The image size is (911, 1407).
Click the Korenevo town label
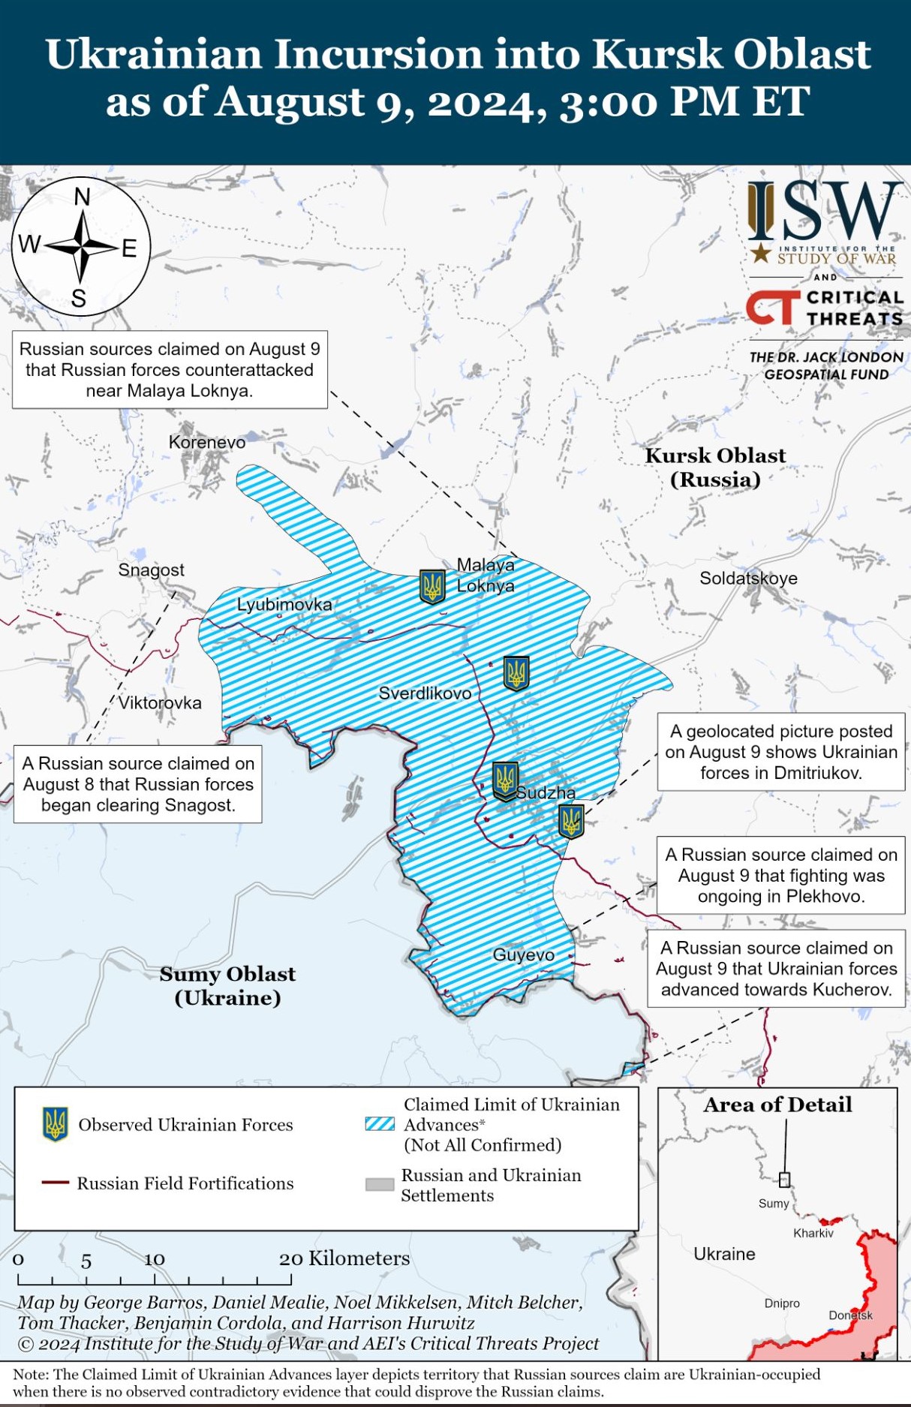(207, 443)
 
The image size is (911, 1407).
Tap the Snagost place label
(151, 570)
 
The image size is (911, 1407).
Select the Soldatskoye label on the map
(748, 579)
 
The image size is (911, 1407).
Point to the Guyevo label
(523, 955)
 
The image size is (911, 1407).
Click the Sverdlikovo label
(425, 693)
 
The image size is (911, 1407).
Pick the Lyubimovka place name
(284, 605)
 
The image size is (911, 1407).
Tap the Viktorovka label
(160, 703)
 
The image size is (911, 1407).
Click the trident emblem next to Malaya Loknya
(432, 586)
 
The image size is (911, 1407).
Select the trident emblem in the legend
(55, 1124)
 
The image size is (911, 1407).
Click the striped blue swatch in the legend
(380, 1124)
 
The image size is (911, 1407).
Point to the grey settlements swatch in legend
(380, 1185)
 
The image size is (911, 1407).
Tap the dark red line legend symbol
(56, 1183)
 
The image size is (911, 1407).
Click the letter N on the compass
(82, 197)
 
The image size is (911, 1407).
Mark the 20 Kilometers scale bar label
(344, 1258)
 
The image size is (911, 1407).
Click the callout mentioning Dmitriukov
(780, 752)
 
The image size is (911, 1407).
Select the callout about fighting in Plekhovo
(780, 876)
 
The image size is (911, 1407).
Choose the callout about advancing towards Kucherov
(776, 969)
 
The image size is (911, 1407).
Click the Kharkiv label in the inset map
(813, 1233)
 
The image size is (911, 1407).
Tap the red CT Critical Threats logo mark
(772, 308)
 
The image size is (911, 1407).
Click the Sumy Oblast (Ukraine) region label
(227, 986)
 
